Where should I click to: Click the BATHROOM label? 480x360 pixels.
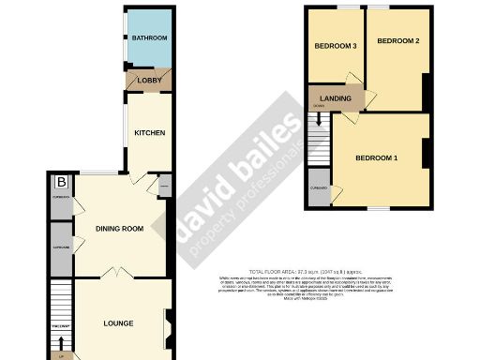pyautogui.click(x=149, y=38)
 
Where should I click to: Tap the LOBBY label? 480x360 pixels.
pyautogui.click(x=149, y=80)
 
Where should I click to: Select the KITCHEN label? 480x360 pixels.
pyautogui.click(x=149, y=133)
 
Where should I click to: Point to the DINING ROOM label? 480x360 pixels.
pyautogui.click(x=119, y=229)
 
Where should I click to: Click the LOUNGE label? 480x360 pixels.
pyautogui.click(x=117, y=323)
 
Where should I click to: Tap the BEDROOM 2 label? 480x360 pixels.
pyautogui.click(x=398, y=41)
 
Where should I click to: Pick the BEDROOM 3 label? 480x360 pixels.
pyautogui.click(x=335, y=46)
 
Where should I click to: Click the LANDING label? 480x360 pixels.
pyautogui.click(x=336, y=97)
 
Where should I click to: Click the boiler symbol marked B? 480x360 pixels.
pyautogui.click(x=61, y=182)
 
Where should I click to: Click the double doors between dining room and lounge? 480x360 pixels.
pyautogui.click(x=114, y=274)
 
